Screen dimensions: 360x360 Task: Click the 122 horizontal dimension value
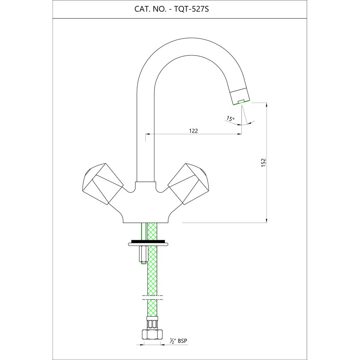(x=194, y=131)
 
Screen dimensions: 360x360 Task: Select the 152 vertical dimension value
(x=263, y=162)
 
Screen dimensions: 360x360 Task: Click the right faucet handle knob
(x=189, y=184)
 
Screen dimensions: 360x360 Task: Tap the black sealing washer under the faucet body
(x=148, y=241)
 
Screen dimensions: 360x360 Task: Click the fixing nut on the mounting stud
(x=142, y=255)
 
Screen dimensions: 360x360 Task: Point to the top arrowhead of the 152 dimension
(x=266, y=105)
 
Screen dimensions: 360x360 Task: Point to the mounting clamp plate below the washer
(x=148, y=245)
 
